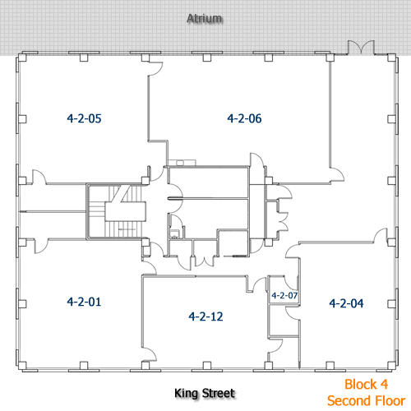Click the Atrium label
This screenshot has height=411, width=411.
[x=205, y=19]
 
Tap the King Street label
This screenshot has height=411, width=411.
[x=205, y=394]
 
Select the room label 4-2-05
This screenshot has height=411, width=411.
[x=84, y=118]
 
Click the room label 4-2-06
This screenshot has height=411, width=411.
[x=244, y=118]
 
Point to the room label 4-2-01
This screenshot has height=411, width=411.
[x=84, y=302]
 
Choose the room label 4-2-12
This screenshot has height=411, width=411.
[x=205, y=316]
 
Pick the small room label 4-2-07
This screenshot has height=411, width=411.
[x=284, y=295]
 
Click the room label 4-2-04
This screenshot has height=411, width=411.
[x=346, y=303]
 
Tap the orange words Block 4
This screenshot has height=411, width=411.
[x=367, y=384]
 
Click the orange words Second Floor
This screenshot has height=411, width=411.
[x=367, y=400]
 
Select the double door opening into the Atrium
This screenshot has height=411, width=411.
[x=361, y=48]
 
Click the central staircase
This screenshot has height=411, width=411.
[x=116, y=211]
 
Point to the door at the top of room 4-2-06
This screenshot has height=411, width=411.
[x=155, y=68]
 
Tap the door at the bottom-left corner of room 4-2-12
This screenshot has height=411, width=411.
[x=150, y=354]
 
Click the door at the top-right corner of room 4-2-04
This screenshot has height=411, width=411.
[x=381, y=236]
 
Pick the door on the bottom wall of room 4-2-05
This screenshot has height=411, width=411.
[x=39, y=177]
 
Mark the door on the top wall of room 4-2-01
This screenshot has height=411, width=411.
[x=41, y=246]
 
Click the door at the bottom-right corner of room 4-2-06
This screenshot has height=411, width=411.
[x=337, y=174]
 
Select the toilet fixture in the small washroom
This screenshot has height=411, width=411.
[x=173, y=233]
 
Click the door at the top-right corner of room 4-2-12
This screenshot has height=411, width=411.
[x=259, y=285]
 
